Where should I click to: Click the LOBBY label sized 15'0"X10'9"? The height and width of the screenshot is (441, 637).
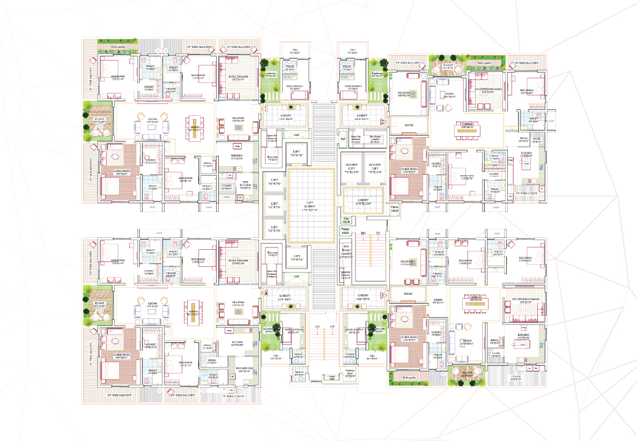pyautogui.click(x=364, y=202)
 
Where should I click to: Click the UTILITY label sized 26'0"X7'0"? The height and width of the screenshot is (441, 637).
pyautogui.click(x=516, y=378)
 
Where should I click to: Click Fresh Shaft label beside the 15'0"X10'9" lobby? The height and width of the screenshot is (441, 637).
pyautogui.click(x=395, y=208)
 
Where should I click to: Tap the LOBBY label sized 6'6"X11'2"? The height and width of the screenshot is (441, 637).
pyautogui.click(x=438, y=301)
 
